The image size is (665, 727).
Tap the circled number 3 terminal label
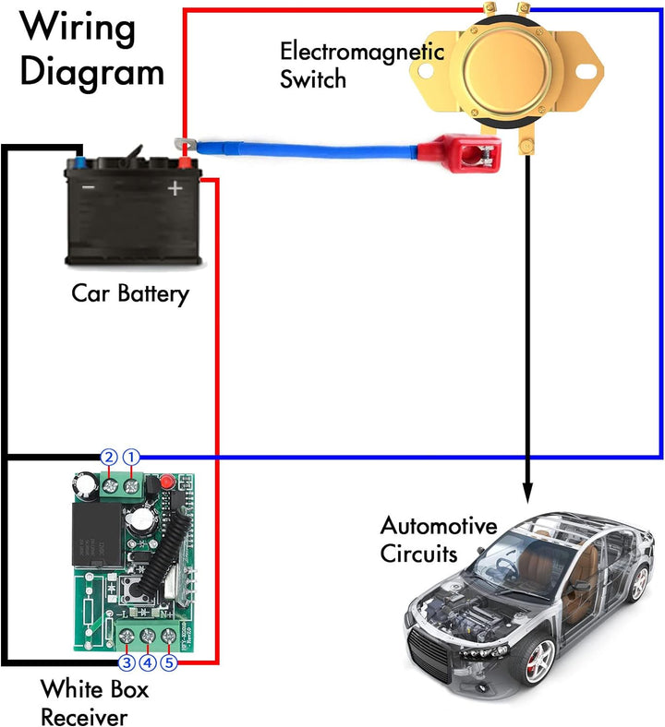click(127, 662)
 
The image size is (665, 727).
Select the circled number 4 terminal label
click(148, 662)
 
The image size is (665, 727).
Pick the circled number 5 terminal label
click(169, 662)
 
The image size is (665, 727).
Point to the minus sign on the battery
click(88, 187)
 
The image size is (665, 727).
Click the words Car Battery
click(129, 294)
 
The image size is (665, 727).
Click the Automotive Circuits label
click(439, 541)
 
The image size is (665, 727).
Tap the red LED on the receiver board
click(166, 482)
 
